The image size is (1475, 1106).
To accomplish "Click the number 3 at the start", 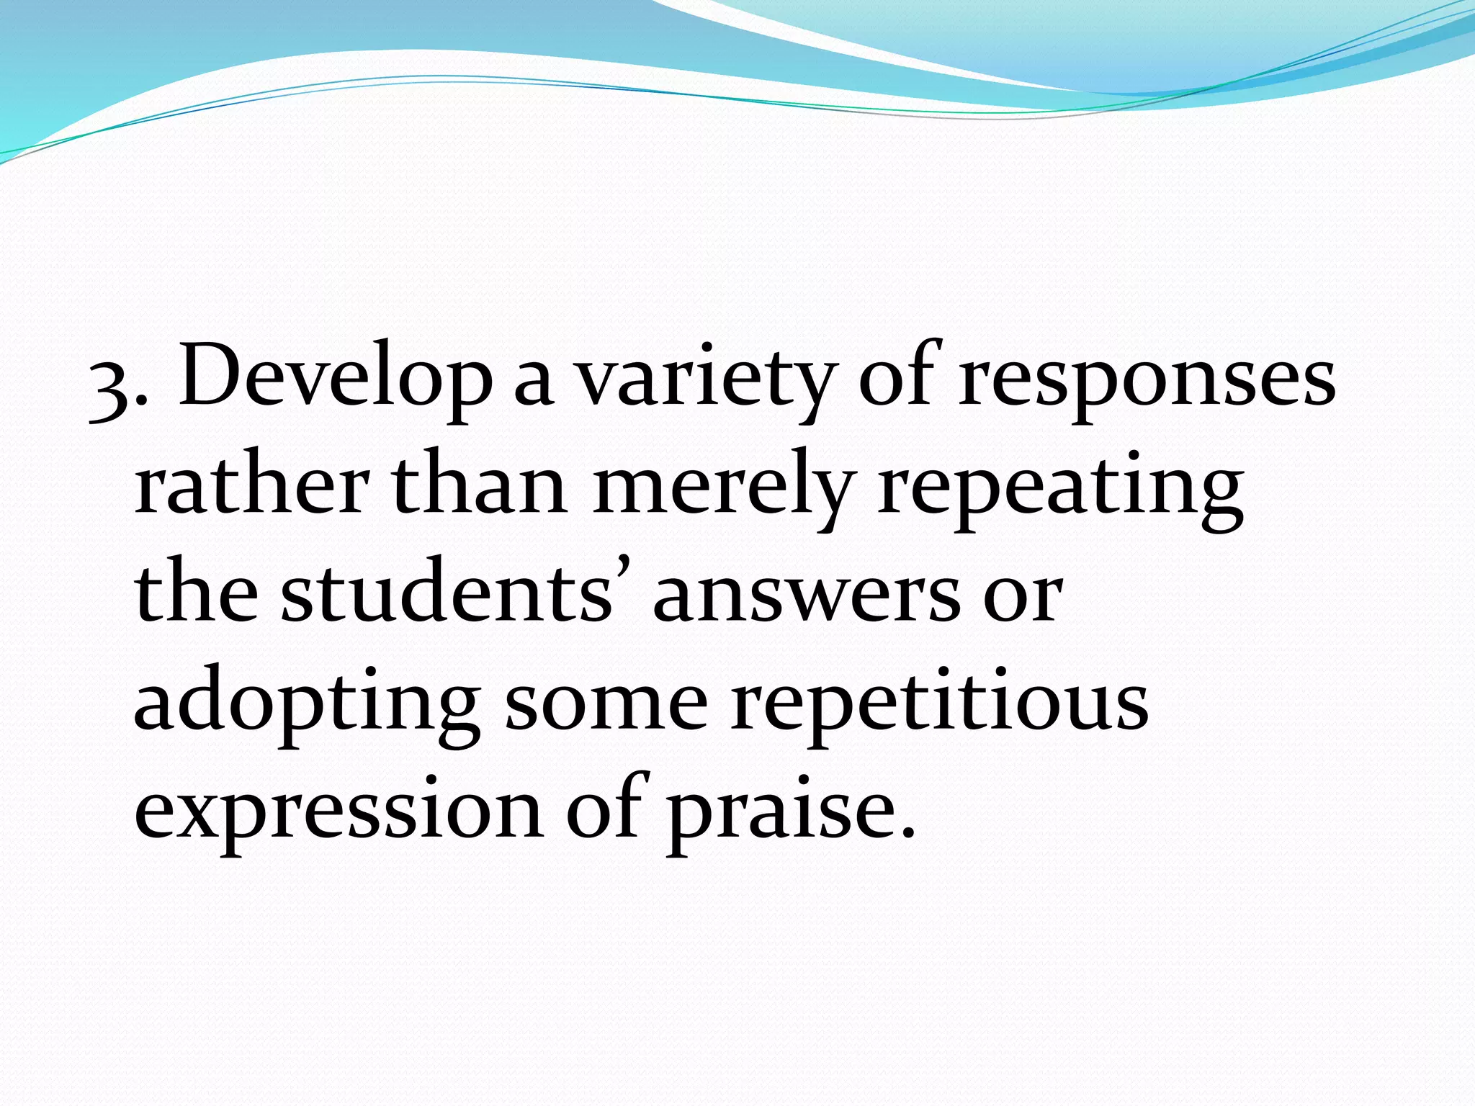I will (109, 392).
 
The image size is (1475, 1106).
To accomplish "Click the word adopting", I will (306, 706).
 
